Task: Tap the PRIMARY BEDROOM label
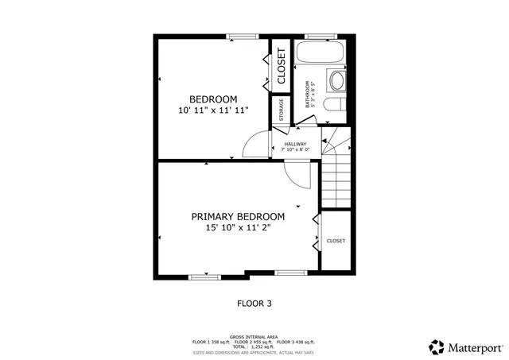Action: click(x=238, y=216)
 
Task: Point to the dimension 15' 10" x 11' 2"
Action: click(x=238, y=228)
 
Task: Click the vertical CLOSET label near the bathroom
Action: click(x=282, y=67)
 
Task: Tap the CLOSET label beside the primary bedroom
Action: click(x=336, y=241)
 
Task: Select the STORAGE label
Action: click(x=281, y=111)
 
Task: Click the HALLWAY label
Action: click(x=295, y=144)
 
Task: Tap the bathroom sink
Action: click(x=337, y=80)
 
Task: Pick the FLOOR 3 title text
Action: click(x=254, y=303)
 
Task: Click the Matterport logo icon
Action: click(x=437, y=346)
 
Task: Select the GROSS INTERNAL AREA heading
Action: click(x=254, y=336)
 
